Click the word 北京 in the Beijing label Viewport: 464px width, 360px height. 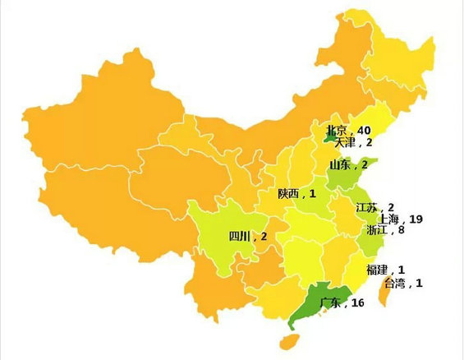337,130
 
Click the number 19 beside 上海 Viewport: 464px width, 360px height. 416,219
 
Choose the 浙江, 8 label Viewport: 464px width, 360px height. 385,231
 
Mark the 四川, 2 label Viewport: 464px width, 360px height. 248,237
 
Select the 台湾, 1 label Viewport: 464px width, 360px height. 404,284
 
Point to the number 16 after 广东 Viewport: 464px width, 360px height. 358,303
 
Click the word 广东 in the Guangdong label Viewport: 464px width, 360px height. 330,303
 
